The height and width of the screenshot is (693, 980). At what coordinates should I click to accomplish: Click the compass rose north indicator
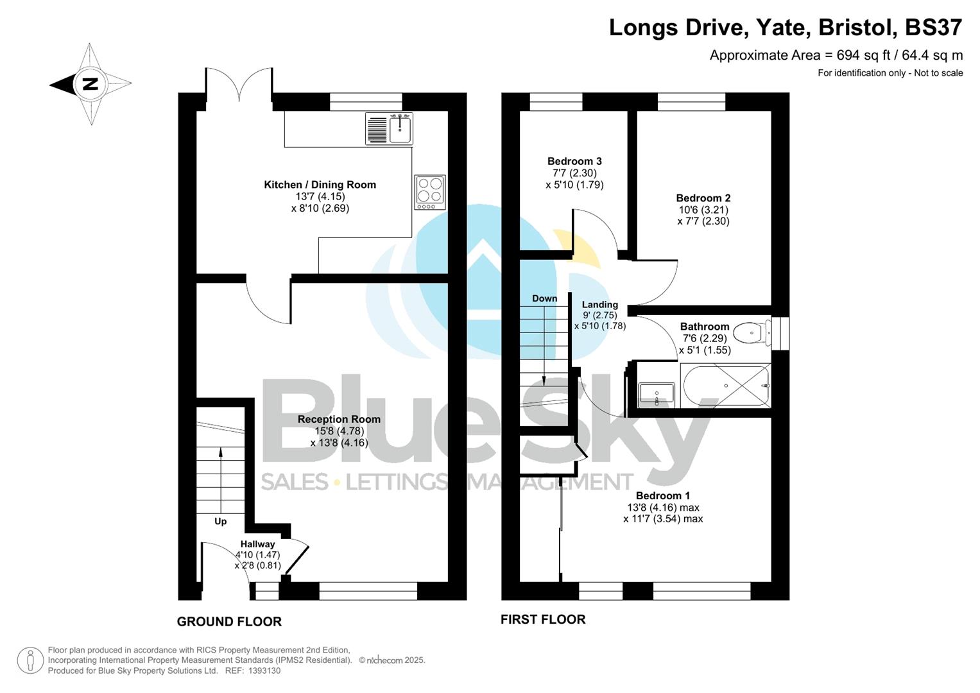pyautogui.click(x=90, y=84)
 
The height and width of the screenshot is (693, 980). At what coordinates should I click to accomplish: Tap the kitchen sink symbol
pyautogui.click(x=390, y=128)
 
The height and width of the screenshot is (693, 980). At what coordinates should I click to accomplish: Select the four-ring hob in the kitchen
pyautogui.click(x=430, y=192)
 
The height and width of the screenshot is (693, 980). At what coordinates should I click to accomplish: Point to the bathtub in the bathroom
pyautogui.click(x=726, y=386)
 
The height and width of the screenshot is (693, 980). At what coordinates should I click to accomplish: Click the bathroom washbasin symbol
pyautogui.click(x=657, y=394)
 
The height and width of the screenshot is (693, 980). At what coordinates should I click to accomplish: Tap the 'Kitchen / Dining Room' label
pyautogui.click(x=320, y=185)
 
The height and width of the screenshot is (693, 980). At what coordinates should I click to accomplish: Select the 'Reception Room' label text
pyautogui.click(x=339, y=420)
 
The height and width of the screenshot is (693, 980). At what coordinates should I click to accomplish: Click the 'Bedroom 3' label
pyautogui.click(x=574, y=162)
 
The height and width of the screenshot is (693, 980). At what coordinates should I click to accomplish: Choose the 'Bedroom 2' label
pyautogui.click(x=703, y=198)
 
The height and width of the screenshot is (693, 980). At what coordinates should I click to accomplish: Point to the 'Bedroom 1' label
pyautogui.click(x=663, y=496)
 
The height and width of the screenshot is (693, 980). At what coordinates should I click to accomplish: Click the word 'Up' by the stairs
pyautogui.click(x=220, y=521)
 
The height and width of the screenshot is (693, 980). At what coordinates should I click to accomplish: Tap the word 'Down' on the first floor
pyautogui.click(x=544, y=298)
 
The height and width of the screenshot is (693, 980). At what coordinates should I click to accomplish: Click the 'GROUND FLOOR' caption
pyautogui.click(x=229, y=622)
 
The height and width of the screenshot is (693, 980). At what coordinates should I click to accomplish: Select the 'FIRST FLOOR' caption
pyautogui.click(x=543, y=619)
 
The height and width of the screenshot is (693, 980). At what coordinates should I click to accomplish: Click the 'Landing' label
pyautogui.click(x=599, y=305)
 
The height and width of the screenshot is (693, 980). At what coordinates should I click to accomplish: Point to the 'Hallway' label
pyautogui.click(x=257, y=544)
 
